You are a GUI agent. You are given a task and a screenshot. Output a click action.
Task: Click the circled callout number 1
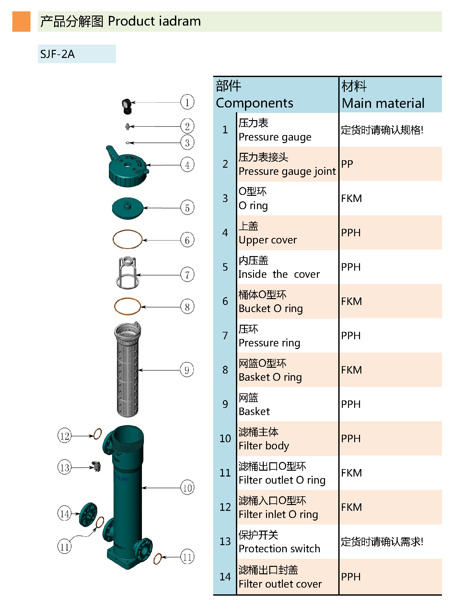pos(187,102)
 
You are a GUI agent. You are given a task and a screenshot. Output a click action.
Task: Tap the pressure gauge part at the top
pos(126,106)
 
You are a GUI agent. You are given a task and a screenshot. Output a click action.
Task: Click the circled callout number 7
pos(187,275)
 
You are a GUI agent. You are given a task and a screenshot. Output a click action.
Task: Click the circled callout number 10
pos(187,488)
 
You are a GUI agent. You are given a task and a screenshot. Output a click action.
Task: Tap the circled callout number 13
pos(64,467)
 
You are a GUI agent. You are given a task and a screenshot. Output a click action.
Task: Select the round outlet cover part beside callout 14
pos(88,514)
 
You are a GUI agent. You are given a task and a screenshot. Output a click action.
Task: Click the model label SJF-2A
pos(58,54)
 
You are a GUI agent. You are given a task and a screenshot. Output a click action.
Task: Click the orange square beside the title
pos(21,21)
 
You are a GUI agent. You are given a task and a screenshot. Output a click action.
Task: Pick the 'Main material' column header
pos(383,103)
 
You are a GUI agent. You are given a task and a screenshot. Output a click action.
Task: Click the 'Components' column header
pos(254,103)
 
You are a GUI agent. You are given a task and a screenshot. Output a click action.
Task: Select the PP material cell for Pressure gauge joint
pos(347,164)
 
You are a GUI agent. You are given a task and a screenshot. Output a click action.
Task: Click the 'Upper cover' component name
pos(268,240)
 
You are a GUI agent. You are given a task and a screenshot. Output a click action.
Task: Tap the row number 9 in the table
pos(225,404)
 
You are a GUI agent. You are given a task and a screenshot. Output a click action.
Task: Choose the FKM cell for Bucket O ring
pos(351,301)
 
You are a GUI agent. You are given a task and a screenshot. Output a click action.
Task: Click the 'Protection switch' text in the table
pos(279,549)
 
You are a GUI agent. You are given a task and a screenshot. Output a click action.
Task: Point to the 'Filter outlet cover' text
pos(280,584)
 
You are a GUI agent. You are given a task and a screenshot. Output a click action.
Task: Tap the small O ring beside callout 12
pos(97,434)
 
